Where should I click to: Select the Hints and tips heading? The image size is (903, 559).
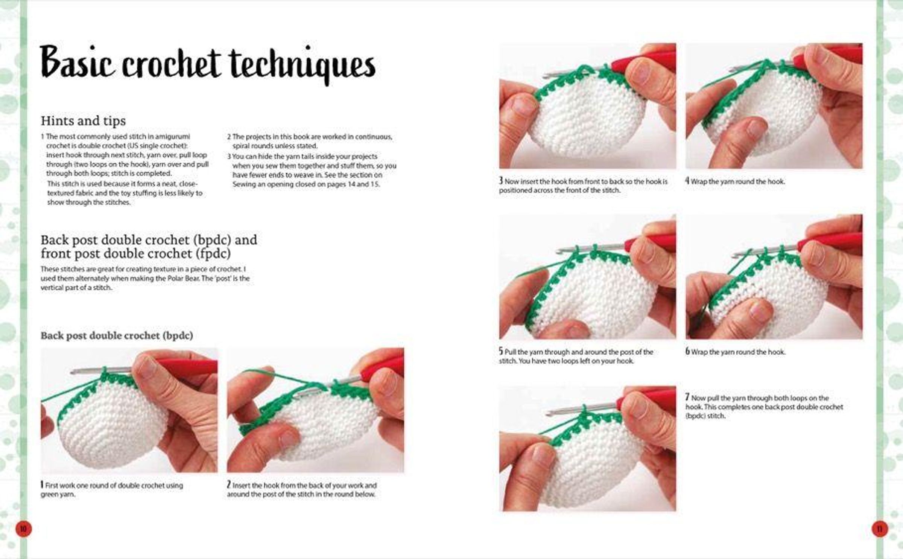click(x=83, y=121)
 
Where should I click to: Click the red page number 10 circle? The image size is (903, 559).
click(x=23, y=529)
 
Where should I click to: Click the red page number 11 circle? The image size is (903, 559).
click(x=880, y=529)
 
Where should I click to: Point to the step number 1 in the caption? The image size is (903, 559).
click(x=42, y=485)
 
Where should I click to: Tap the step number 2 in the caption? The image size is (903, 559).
click(x=229, y=485)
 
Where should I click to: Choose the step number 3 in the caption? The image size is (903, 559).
click(x=501, y=181)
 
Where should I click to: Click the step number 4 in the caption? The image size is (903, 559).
click(x=687, y=181)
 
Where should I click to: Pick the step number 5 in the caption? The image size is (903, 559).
click(x=501, y=351)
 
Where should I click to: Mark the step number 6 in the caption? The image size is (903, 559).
click(x=687, y=351)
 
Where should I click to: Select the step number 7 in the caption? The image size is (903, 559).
click(x=687, y=397)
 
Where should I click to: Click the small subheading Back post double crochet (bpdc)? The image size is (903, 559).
click(x=117, y=335)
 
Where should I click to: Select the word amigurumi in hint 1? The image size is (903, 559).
click(x=173, y=136)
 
